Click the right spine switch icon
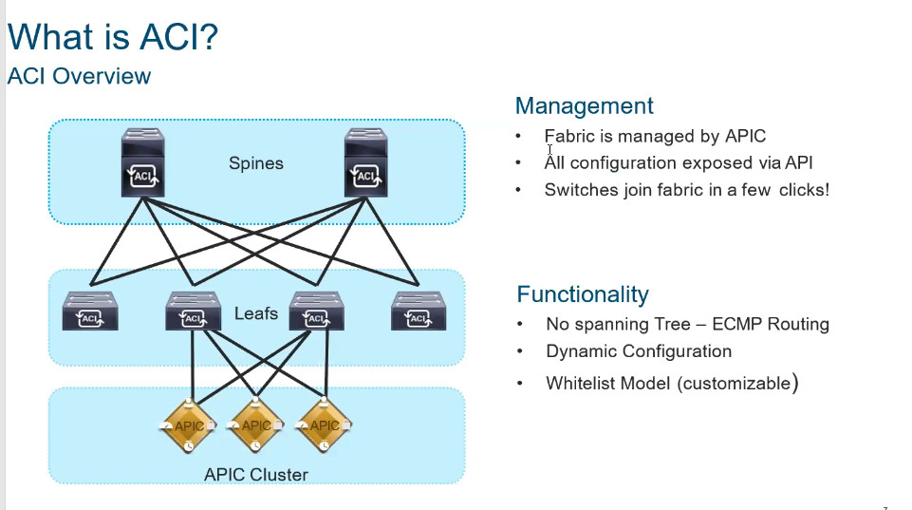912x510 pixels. pyautogui.click(x=365, y=164)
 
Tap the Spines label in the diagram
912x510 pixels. pyautogui.click(x=255, y=163)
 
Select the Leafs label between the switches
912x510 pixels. pyautogui.click(x=255, y=312)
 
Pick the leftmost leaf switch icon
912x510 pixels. pyautogui.click(x=90, y=311)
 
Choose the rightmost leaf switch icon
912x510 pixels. pyautogui.click(x=418, y=311)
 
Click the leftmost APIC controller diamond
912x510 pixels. pyautogui.click(x=190, y=426)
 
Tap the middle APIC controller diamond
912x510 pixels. pyautogui.click(x=256, y=426)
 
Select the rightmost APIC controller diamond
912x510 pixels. pyautogui.click(x=325, y=426)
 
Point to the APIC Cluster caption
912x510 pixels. pyautogui.click(x=255, y=474)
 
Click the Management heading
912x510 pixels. pyautogui.click(x=584, y=105)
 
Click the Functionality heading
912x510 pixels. pyautogui.click(x=583, y=293)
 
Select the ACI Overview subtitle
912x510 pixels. pyautogui.click(x=79, y=76)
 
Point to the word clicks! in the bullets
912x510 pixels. pyautogui.click(x=804, y=189)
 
